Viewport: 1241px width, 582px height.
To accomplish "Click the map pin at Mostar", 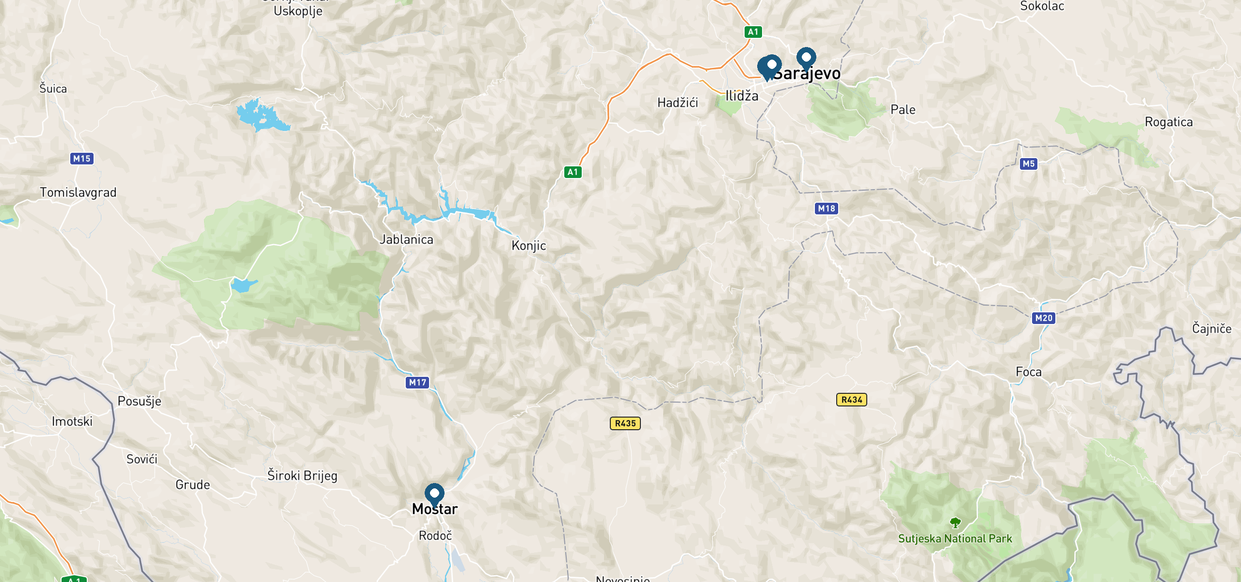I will [434, 494].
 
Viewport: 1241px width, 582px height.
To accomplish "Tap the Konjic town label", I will [528, 246].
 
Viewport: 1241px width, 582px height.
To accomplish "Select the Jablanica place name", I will [406, 240].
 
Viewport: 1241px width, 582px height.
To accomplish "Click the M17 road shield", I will [417, 383].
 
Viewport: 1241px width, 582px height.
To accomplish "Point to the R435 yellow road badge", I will [625, 423].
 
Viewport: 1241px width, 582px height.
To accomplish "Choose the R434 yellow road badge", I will [851, 400].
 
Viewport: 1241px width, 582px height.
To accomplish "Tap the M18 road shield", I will [827, 209].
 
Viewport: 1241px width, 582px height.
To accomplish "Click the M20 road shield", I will [1044, 318].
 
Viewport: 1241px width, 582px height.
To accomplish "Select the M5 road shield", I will [1028, 164].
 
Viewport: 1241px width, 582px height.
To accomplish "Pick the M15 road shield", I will [81, 159].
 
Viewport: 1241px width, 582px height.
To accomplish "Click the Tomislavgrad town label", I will [78, 193].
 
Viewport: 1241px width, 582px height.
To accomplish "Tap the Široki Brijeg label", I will [302, 475].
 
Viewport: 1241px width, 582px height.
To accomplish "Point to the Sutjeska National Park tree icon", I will [955, 523].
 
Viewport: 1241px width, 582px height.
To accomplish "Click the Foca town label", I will [1028, 372].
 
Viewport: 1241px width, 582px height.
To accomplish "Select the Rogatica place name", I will [1168, 122].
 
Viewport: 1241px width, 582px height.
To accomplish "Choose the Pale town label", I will [903, 110].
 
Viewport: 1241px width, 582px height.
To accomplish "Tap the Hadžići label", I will [677, 103].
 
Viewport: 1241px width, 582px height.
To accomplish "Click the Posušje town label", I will [139, 402].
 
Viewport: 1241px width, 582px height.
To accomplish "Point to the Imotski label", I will [72, 421].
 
